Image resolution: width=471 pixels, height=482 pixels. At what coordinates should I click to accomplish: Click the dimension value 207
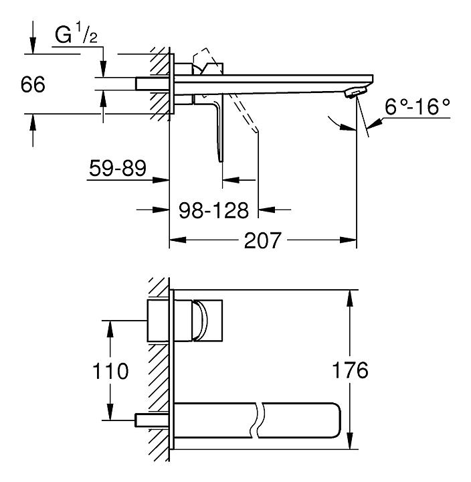click(262, 240)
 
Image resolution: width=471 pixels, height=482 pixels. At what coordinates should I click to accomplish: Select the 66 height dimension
click(31, 86)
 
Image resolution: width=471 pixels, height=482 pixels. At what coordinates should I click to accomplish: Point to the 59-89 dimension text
click(117, 169)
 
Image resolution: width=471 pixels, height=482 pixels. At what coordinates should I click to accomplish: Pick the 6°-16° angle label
click(416, 107)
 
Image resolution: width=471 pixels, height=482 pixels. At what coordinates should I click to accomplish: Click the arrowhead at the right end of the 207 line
click(352, 240)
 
